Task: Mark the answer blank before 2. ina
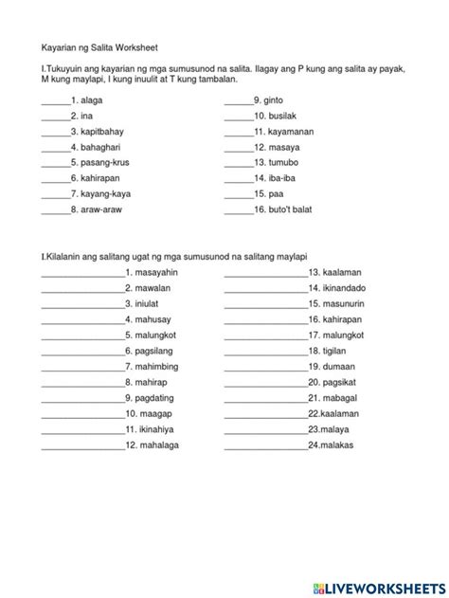click(x=56, y=115)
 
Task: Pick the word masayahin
click(x=157, y=272)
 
